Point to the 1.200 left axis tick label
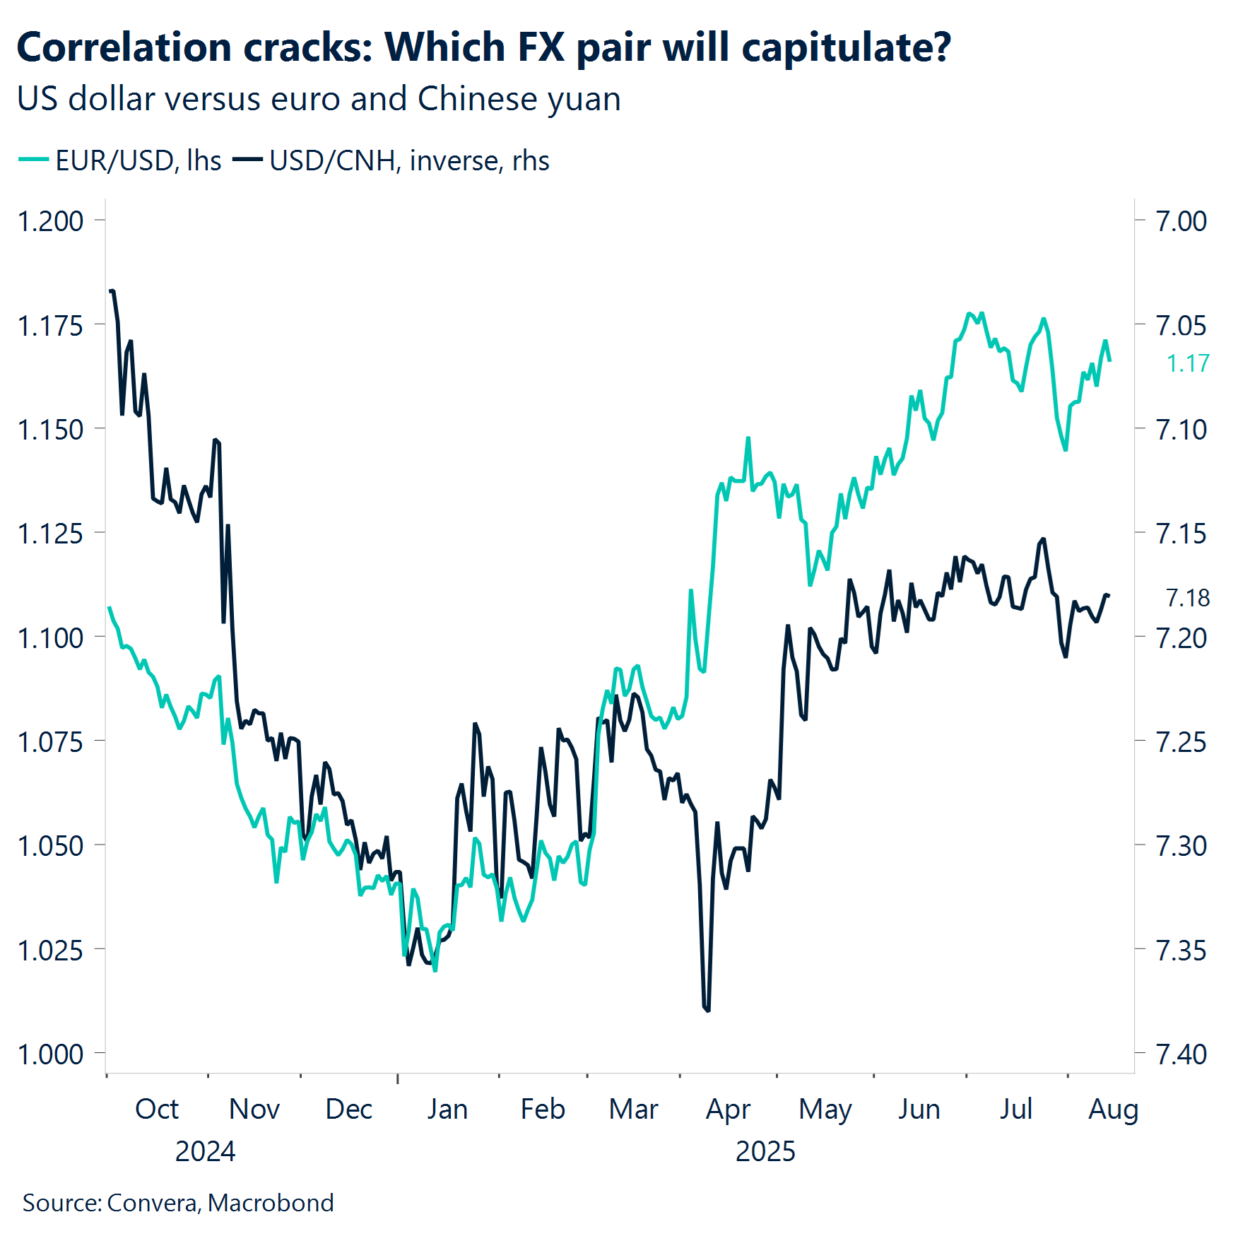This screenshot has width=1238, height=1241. point(50,221)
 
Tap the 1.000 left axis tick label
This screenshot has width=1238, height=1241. point(50,1054)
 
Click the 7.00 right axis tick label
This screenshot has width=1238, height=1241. point(1181,221)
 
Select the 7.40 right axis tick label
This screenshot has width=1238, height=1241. point(1181,1054)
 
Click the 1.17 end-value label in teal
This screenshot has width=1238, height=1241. point(1188,363)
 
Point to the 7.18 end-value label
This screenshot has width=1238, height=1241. point(1188,598)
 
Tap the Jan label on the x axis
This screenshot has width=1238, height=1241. point(447,1109)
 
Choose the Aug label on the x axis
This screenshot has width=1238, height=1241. point(1113,1109)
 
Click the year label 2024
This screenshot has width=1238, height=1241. point(205,1151)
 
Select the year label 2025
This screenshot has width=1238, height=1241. point(765,1151)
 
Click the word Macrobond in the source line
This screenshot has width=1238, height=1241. point(271,1203)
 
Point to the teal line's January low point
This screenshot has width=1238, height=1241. point(435,970)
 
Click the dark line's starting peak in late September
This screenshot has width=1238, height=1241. point(112,290)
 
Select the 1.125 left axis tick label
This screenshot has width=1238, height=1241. point(50,534)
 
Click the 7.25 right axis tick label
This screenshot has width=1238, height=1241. point(1181,742)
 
